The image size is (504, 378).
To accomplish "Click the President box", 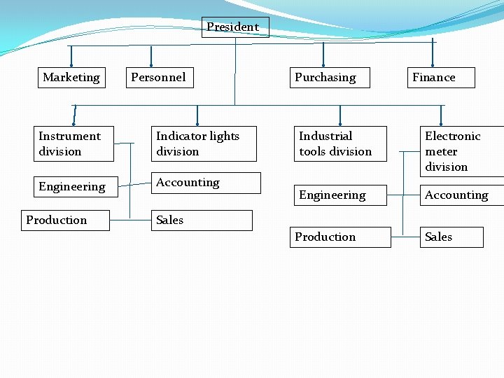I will click(x=234, y=27).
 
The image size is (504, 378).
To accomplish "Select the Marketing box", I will click(x=71, y=78).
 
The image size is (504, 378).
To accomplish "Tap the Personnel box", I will click(x=159, y=78).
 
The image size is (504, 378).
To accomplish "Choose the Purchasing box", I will click(x=325, y=78).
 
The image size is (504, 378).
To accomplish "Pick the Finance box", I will click(x=441, y=78).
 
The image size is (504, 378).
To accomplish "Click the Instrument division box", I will click(x=75, y=144).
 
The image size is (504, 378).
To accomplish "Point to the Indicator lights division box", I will click(x=204, y=144).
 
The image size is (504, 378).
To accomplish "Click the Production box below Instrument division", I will click(x=65, y=220).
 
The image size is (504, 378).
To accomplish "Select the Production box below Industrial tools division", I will click(x=340, y=237).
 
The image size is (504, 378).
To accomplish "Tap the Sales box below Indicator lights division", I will click(x=202, y=220).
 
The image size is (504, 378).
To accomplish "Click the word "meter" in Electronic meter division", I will click(x=441, y=152).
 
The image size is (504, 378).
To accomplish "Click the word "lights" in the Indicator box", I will click(x=221, y=136).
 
